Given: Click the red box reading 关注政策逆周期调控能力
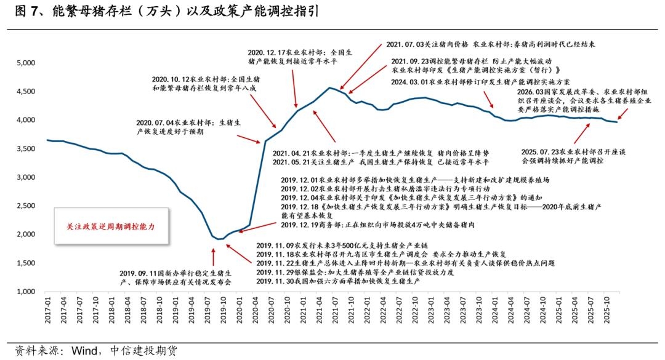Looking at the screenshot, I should click(x=111, y=226).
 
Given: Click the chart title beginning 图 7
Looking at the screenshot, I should click(x=163, y=12).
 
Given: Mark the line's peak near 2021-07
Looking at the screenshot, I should click(x=331, y=88).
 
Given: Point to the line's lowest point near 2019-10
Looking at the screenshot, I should click(x=220, y=239).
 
